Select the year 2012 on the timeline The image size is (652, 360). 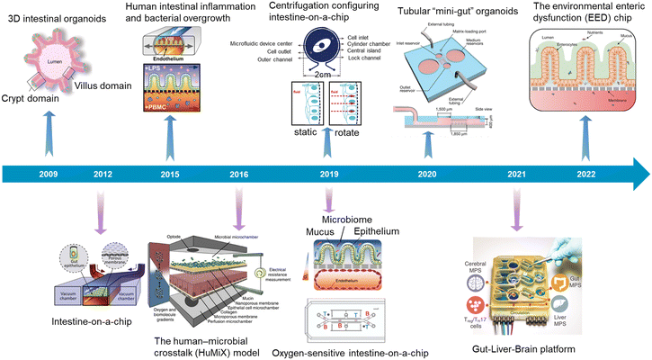(101, 175)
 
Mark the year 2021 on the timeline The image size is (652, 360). (517, 175)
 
